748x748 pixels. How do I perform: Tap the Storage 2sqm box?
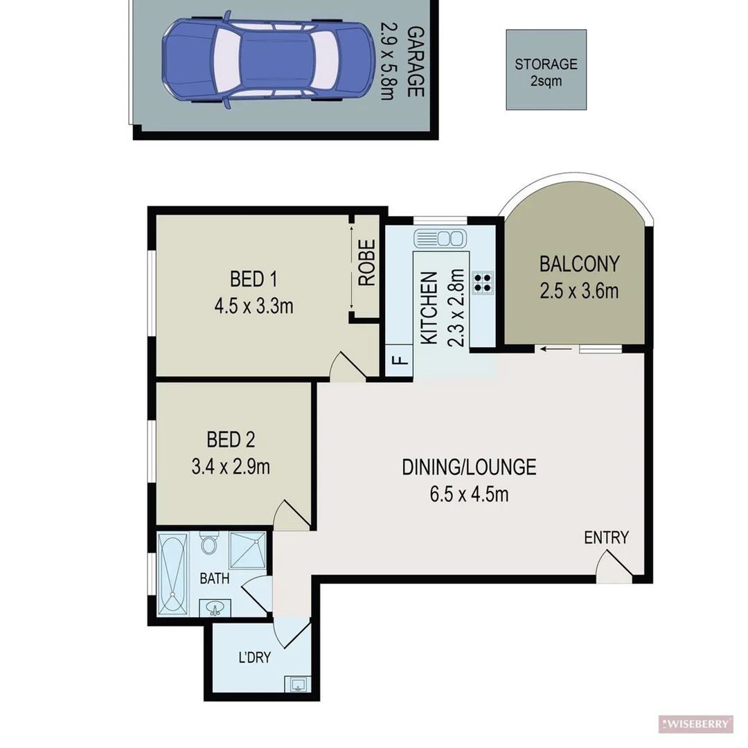(546, 70)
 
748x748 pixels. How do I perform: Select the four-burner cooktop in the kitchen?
(482, 282)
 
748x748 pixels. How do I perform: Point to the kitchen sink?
(439, 239)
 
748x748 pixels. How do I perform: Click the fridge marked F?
(399, 361)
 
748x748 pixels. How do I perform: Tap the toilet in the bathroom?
(208, 545)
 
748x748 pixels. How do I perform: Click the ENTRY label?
(606, 537)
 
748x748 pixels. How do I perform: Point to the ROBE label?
(366, 264)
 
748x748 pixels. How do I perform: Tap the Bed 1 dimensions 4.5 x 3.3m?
(253, 305)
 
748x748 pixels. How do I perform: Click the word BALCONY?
(579, 264)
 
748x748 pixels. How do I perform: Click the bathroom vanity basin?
(215, 609)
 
